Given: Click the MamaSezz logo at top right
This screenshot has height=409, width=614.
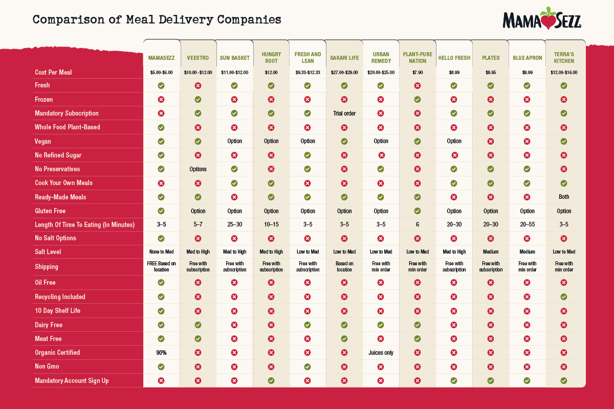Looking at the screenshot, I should click(542, 19).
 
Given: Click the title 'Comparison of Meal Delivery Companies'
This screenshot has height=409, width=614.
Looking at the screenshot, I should click(157, 20).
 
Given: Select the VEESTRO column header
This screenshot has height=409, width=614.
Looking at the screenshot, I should click(198, 58).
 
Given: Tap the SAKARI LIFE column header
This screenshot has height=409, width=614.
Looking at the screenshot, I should click(344, 58).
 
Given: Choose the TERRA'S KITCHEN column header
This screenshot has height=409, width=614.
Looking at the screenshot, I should click(564, 58).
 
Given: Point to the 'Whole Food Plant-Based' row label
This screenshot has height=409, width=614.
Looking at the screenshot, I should click(68, 127).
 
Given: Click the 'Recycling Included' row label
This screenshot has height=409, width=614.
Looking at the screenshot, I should click(60, 297).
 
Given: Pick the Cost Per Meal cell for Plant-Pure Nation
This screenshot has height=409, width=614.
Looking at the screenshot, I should click(418, 73).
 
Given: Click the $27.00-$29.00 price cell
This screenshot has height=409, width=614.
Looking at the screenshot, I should click(344, 73).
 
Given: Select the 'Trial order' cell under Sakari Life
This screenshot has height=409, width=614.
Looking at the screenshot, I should click(344, 113).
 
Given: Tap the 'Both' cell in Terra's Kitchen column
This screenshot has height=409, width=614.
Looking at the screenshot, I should click(564, 197).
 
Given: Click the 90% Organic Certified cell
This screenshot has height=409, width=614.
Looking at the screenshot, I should click(161, 353).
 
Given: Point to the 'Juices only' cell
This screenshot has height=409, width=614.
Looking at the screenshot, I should click(381, 353).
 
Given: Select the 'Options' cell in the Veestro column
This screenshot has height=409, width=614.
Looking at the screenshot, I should click(198, 169).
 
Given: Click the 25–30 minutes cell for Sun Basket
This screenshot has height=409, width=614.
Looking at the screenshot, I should click(234, 224).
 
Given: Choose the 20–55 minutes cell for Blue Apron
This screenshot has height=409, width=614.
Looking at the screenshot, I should click(527, 224).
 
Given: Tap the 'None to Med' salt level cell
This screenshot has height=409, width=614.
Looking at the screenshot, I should click(161, 252).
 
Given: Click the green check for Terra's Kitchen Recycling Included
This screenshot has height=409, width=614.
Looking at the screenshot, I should click(564, 297).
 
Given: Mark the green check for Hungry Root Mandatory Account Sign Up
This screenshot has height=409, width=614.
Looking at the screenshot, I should click(271, 380).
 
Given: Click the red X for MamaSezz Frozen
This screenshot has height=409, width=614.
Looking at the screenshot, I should click(161, 100).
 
